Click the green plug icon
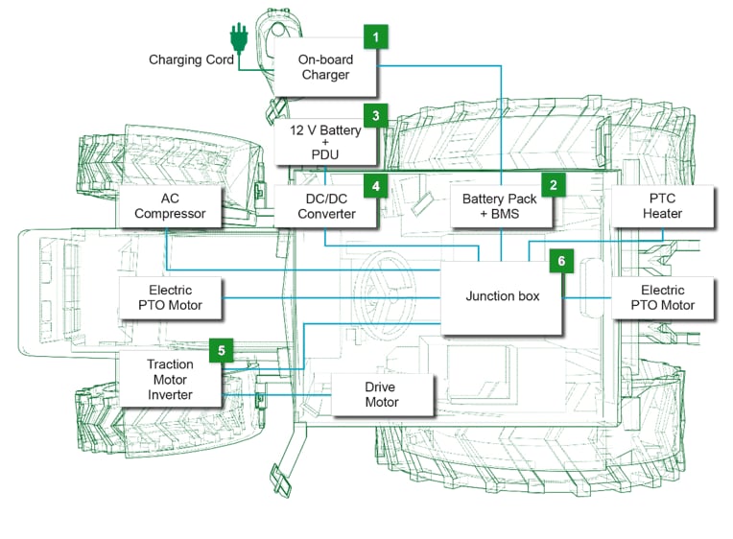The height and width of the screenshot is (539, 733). pos(237,39)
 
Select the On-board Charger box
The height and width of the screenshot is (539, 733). pos(325,67)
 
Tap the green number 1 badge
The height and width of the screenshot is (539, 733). pos(376,37)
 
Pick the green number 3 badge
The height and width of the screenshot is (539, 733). pos(376,116)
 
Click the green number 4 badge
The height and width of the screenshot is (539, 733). pos(376,185)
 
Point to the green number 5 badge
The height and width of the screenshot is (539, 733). pos(221,350)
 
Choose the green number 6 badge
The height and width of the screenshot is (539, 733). pos(561,260)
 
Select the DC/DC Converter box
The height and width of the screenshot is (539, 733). pos(326,206)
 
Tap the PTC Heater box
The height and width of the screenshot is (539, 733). pos(662,206)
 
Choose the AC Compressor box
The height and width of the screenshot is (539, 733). pos(170,206)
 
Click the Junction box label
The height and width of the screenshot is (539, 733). pos(503,296)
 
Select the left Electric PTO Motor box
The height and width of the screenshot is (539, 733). pos(170,297)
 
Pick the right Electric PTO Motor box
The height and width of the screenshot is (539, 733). pos(662,297)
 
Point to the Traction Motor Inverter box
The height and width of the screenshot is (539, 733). pos(170,379)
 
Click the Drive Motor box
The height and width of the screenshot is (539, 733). pos(381,394)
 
